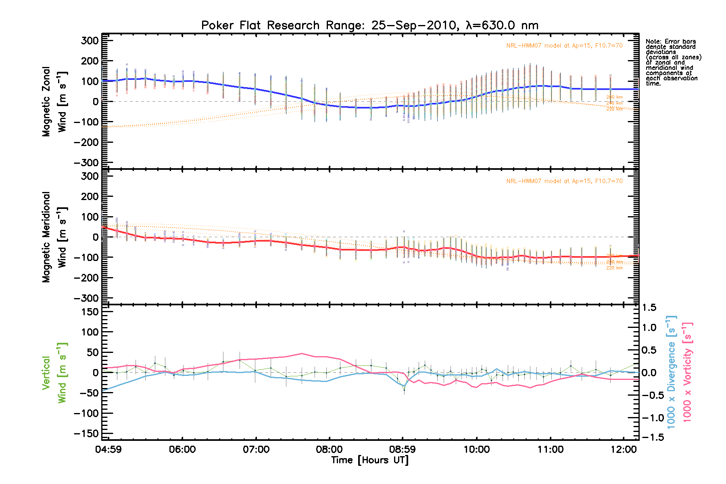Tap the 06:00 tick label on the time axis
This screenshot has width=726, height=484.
(182, 449)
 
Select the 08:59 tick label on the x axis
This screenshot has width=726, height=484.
(403, 449)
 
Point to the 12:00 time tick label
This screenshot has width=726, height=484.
(624, 449)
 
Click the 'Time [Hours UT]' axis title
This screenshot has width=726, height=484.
(369, 460)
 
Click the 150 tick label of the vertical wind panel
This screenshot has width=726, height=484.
(90, 312)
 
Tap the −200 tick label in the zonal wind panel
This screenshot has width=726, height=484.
(86, 142)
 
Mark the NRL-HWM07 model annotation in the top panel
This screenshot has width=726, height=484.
(564, 46)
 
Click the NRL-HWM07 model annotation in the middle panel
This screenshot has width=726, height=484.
(564, 181)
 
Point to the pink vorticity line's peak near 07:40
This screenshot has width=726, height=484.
(301, 354)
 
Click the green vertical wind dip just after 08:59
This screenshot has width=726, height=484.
(404, 390)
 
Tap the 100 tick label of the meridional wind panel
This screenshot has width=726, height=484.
(90, 217)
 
